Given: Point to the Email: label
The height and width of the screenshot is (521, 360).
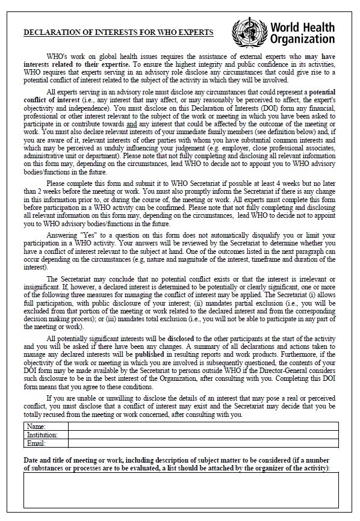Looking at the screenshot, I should pyautogui.click(x=37, y=443).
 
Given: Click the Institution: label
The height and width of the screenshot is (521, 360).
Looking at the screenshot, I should pyautogui.click(x=42, y=434).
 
